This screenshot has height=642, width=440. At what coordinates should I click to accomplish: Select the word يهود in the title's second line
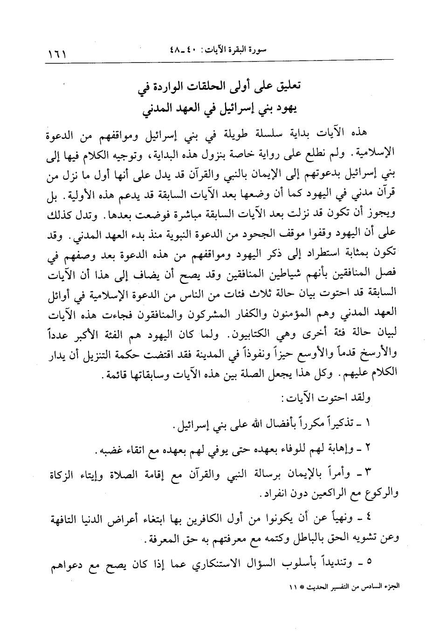pos(285,110)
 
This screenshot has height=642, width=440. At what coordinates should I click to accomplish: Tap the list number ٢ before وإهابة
pos(368,451)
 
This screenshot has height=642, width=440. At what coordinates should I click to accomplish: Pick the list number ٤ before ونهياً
pos(368,518)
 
